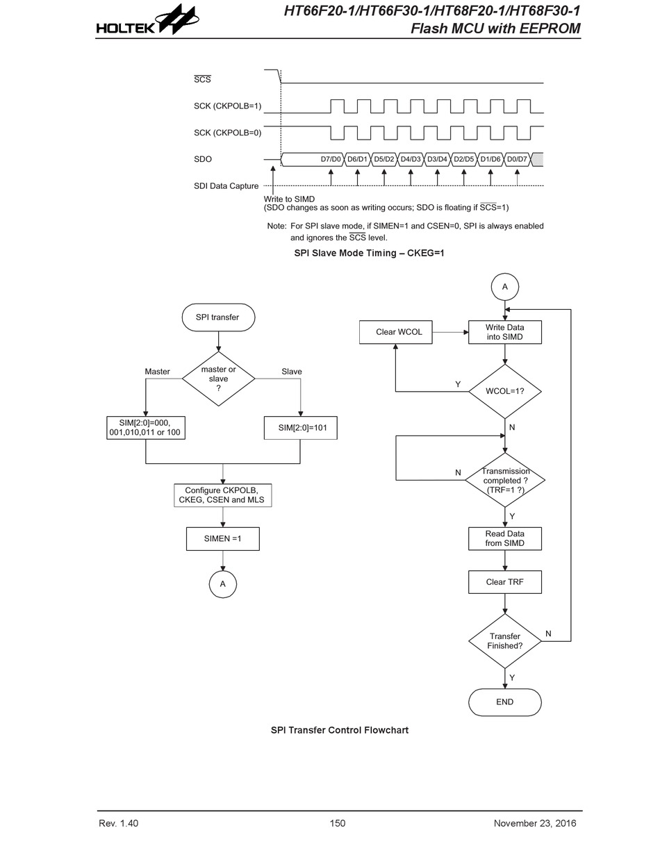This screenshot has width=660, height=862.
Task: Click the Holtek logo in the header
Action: (x=147, y=20)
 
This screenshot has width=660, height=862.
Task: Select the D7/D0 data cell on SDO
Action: (x=312, y=159)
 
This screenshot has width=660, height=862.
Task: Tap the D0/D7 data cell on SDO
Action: (x=517, y=159)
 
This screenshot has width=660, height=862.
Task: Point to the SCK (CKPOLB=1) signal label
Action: (x=227, y=106)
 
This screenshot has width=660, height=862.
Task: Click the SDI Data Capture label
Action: (x=226, y=185)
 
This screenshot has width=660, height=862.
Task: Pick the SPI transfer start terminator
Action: (x=218, y=317)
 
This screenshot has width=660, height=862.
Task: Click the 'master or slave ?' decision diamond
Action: (x=218, y=379)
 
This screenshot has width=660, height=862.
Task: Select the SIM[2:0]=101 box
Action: (x=300, y=428)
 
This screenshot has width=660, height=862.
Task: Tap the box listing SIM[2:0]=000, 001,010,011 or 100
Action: (x=146, y=428)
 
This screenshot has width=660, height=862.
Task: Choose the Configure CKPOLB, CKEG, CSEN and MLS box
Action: (x=222, y=495)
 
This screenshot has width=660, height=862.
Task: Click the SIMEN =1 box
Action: (x=222, y=539)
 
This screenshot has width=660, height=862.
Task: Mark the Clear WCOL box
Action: (x=395, y=332)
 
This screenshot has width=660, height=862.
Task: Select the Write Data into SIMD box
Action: (x=504, y=332)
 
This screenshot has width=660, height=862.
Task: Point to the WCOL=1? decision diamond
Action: (x=504, y=391)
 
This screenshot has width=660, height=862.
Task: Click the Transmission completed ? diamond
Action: (x=504, y=480)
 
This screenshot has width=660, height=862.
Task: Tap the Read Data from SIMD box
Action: (x=504, y=538)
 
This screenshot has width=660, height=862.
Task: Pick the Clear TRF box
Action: (x=504, y=582)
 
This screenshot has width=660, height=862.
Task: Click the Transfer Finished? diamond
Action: (x=504, y=641)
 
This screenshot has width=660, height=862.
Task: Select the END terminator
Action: (x=504, y=702)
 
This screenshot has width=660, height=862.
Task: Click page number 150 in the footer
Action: (x=337, y=823)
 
